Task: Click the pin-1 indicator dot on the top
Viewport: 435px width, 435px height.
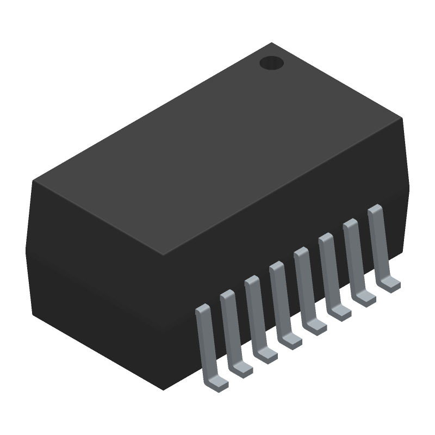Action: [271, 63]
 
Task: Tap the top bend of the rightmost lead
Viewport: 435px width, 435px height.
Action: [374, 209]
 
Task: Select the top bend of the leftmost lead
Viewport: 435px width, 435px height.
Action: [202, 309]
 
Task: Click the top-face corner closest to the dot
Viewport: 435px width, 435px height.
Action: [271, 43]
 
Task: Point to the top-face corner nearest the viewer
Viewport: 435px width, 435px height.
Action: [164, 255]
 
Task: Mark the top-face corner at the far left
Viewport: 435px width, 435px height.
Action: [33, 181]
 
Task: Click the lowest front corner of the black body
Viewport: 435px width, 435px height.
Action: [164, 389]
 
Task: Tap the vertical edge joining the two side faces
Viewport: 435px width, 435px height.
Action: [164, 321]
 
